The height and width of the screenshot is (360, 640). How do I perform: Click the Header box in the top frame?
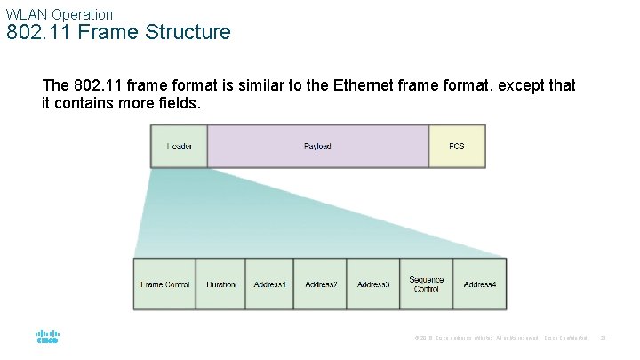pos(179,146)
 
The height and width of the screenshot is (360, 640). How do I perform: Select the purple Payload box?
pos(317,146)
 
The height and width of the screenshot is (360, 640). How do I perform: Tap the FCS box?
pos(457,146)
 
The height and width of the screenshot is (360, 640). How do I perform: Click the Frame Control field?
pos(164,284)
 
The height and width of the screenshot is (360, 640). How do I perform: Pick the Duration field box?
pos(220,284)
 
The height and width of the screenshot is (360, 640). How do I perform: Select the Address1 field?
pos(269,284)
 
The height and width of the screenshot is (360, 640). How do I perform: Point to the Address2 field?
pos(321,284)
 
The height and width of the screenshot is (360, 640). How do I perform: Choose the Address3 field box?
pos(373,284)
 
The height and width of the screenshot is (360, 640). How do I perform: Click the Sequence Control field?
pos(426,284)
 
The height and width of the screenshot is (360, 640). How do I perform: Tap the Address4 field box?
pos(480,284)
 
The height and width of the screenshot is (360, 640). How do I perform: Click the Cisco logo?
pos(47,338)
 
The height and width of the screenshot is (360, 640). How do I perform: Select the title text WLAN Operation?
pos(60,14)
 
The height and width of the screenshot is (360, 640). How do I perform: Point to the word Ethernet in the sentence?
pos(372,86)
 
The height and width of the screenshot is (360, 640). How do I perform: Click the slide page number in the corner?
pos(604,338)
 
